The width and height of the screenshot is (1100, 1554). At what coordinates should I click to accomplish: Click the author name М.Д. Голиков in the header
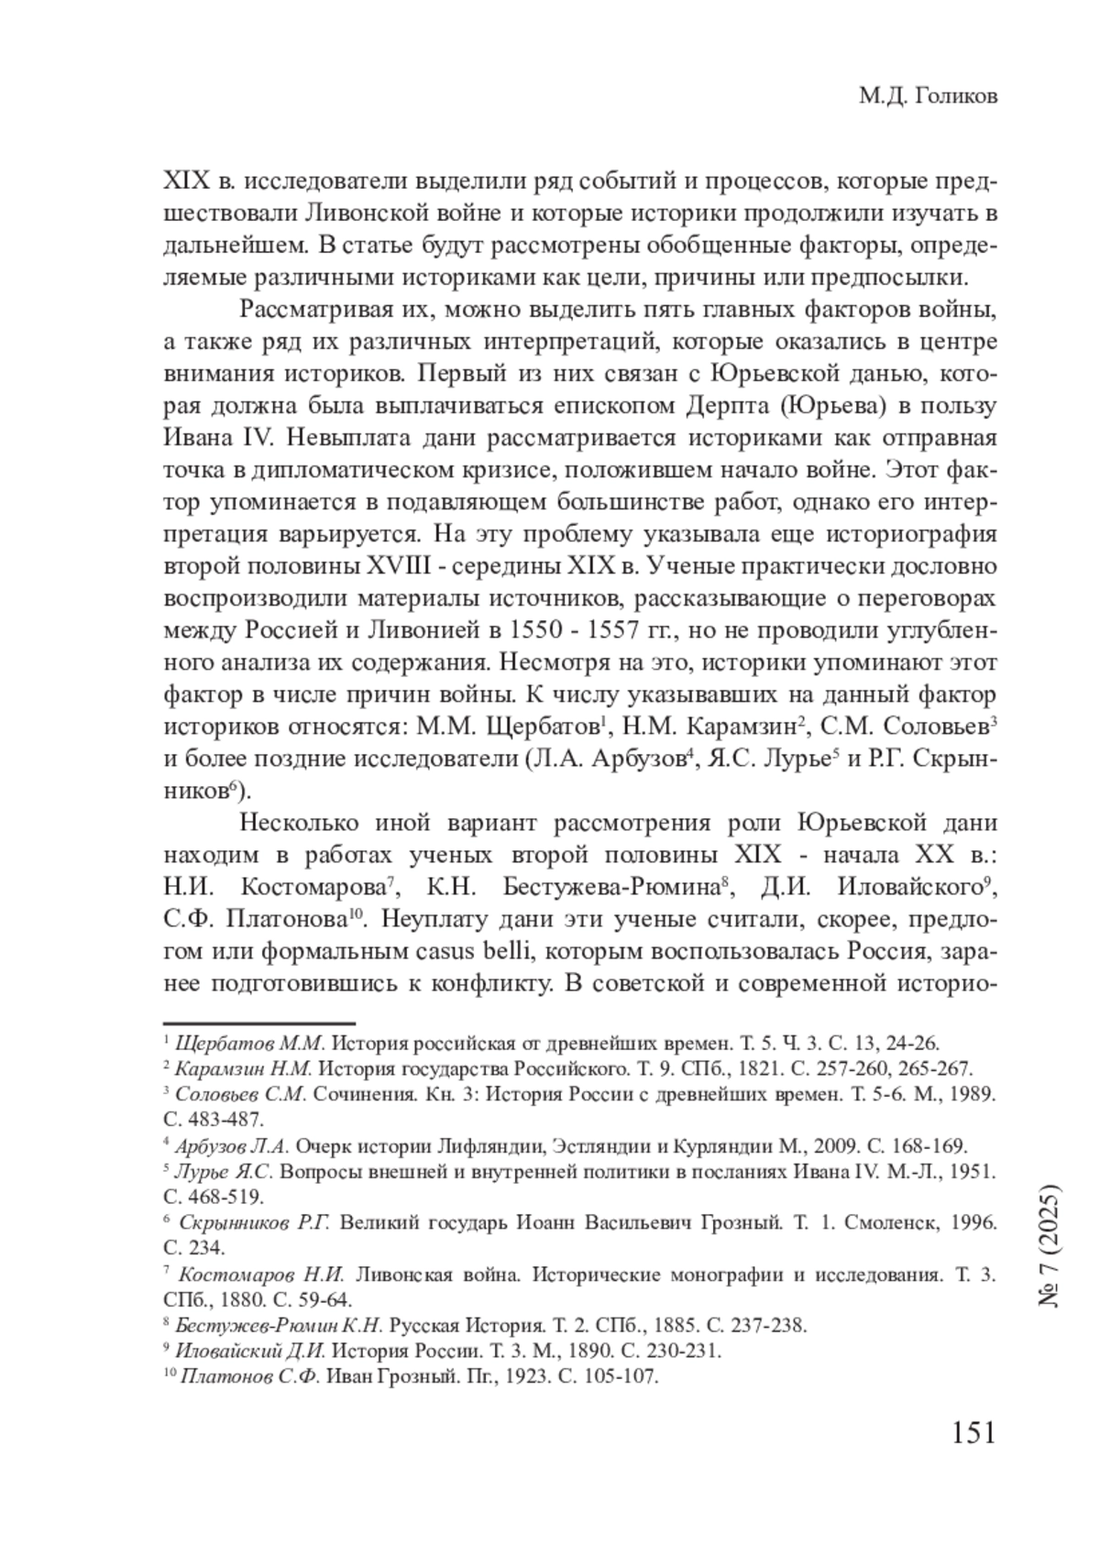tap(928, 96)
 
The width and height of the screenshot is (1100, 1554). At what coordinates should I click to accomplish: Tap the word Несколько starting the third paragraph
tap(297, 823)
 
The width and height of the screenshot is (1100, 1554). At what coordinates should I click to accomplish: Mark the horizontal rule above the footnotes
tap(258, 1023)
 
